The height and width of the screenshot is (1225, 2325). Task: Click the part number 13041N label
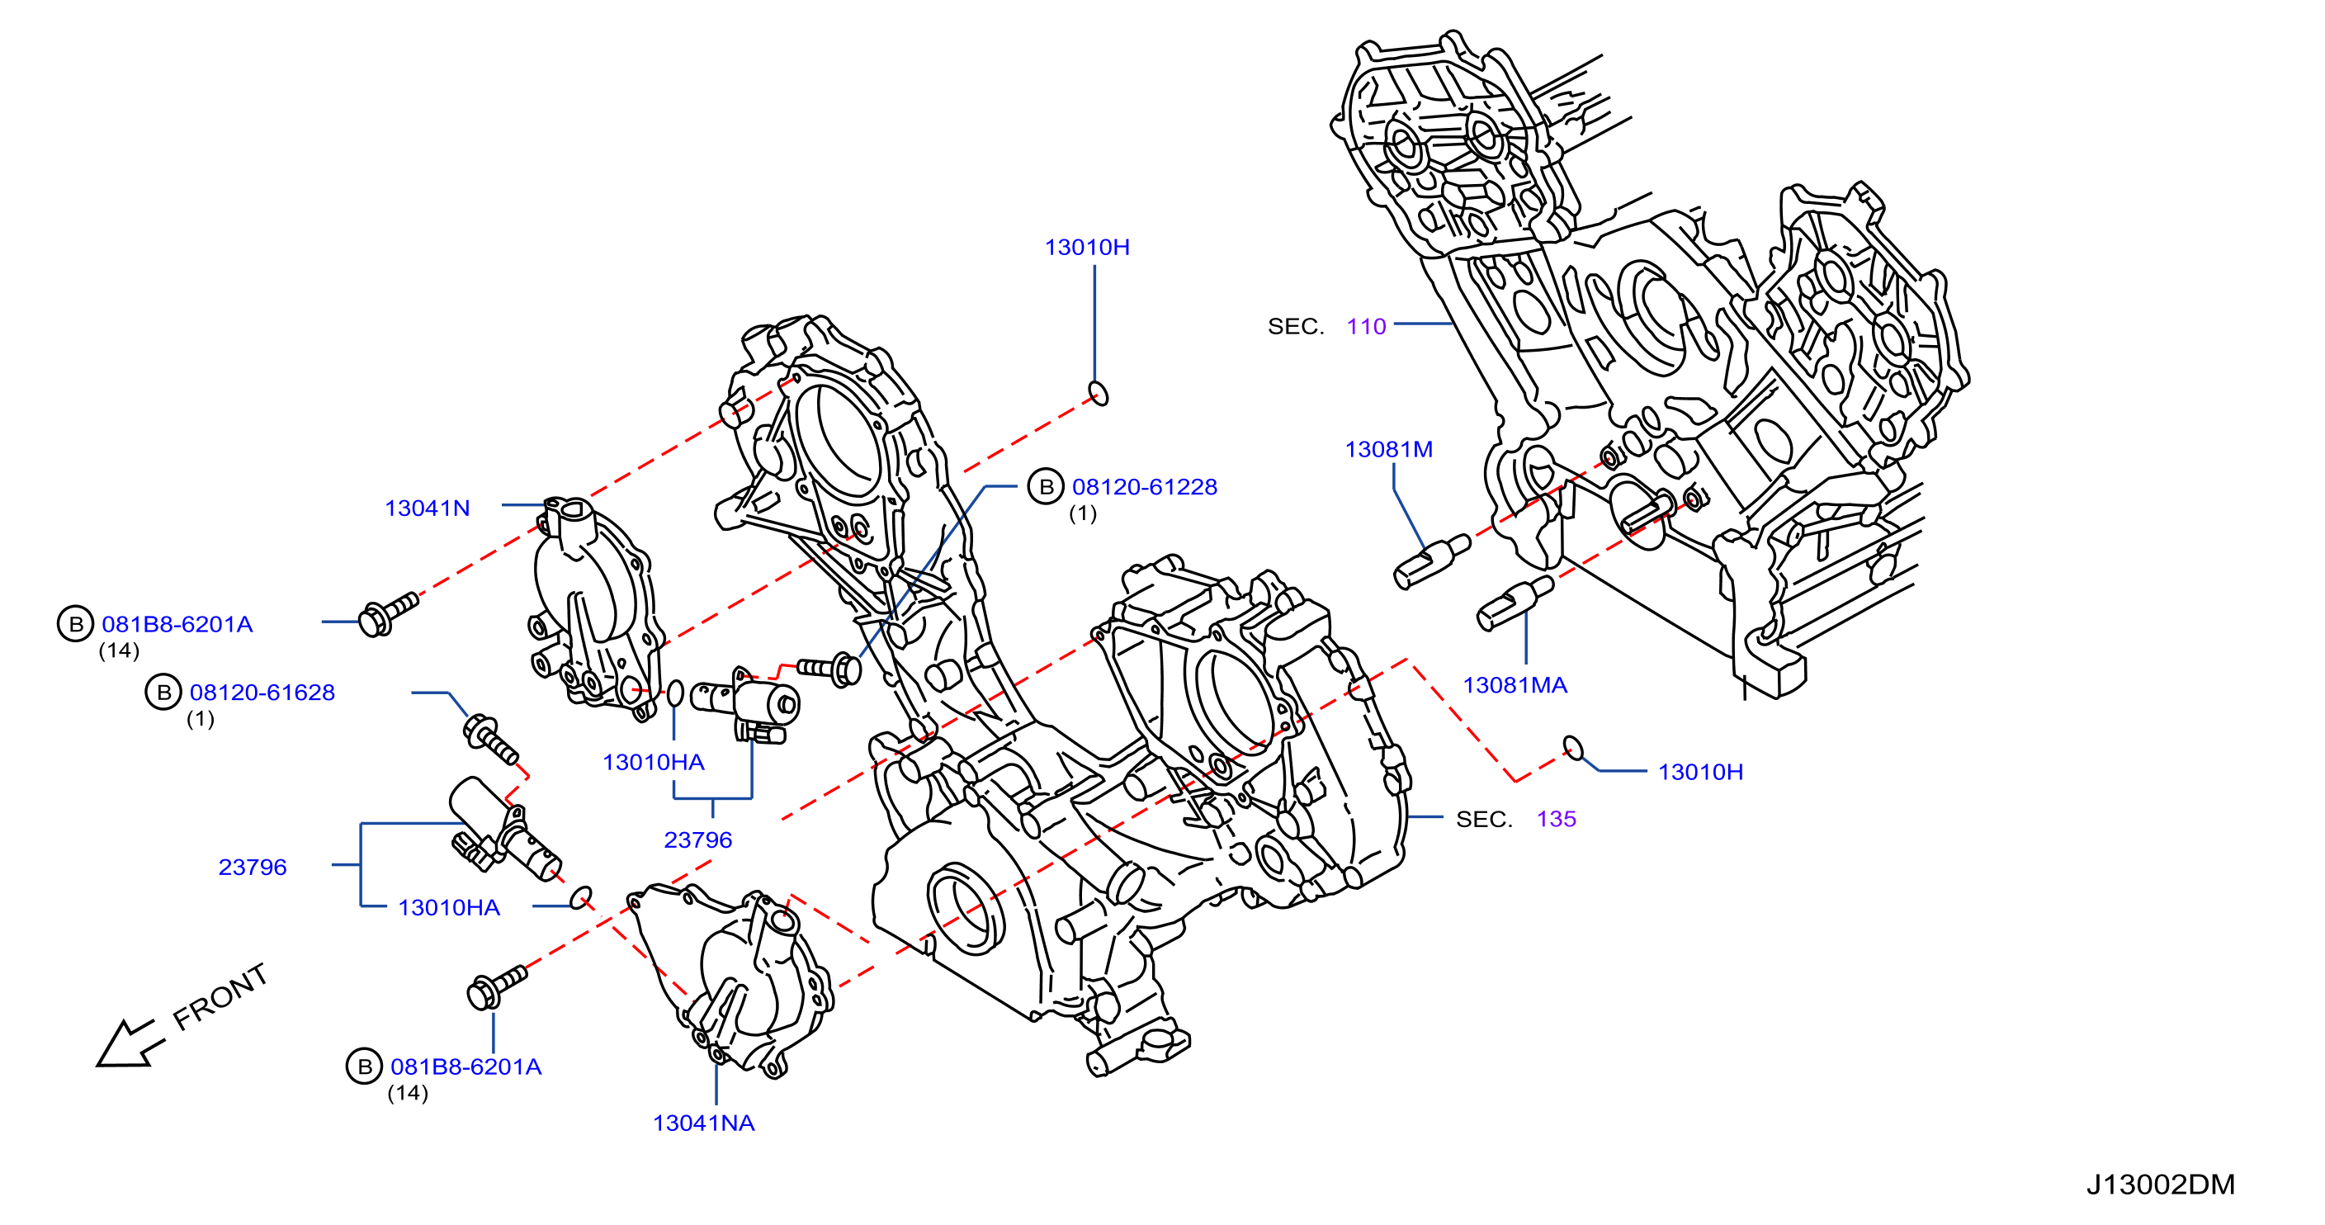point(427,508)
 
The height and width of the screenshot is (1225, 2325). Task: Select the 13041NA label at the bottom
point(703,1123)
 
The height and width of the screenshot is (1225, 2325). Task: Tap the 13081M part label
point(1388,450)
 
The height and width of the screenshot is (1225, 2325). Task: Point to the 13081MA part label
point(1515,685)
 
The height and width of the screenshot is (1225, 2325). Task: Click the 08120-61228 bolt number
point(1145,488)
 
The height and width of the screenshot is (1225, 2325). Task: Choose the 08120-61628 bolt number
point(262,693)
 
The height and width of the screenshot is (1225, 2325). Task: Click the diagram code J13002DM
point(2161,1185)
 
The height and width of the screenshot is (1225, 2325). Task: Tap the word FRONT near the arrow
point(220,996)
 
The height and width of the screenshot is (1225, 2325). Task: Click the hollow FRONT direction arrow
point(128,1044)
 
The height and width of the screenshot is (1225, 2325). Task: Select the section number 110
point(1366,327)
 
